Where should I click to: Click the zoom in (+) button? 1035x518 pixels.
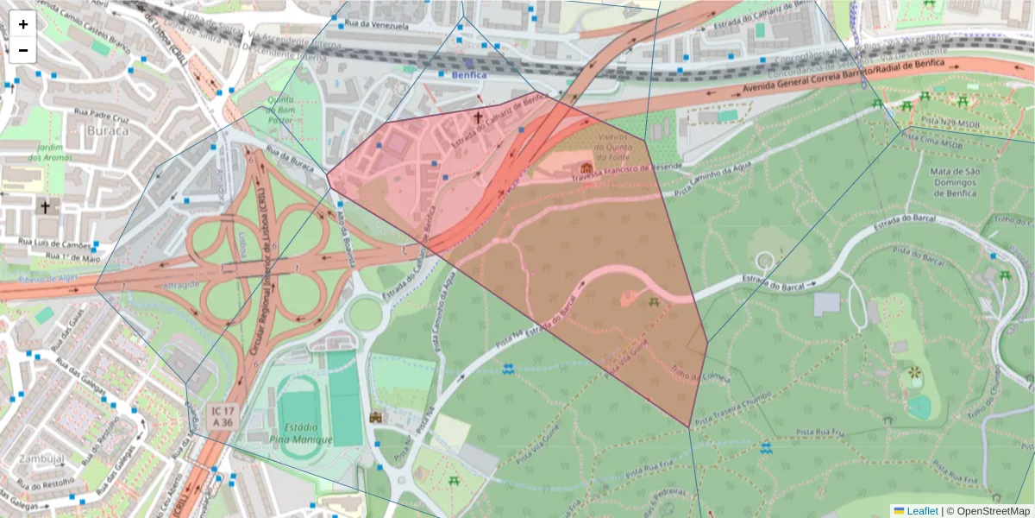coord(23,24)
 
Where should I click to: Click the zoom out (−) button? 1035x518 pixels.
coord(23,50)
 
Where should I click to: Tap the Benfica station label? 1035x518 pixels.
coord(469,75)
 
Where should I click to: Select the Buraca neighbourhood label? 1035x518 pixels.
coord(108,131)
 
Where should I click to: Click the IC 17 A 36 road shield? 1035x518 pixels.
coord(222,417)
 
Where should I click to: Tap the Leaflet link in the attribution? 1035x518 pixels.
coord(921,511)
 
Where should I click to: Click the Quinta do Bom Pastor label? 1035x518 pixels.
coord(280,111)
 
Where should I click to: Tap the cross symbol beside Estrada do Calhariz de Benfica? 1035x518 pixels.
coord(479,117)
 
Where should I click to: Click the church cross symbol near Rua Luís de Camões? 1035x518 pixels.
coord(45,207)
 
